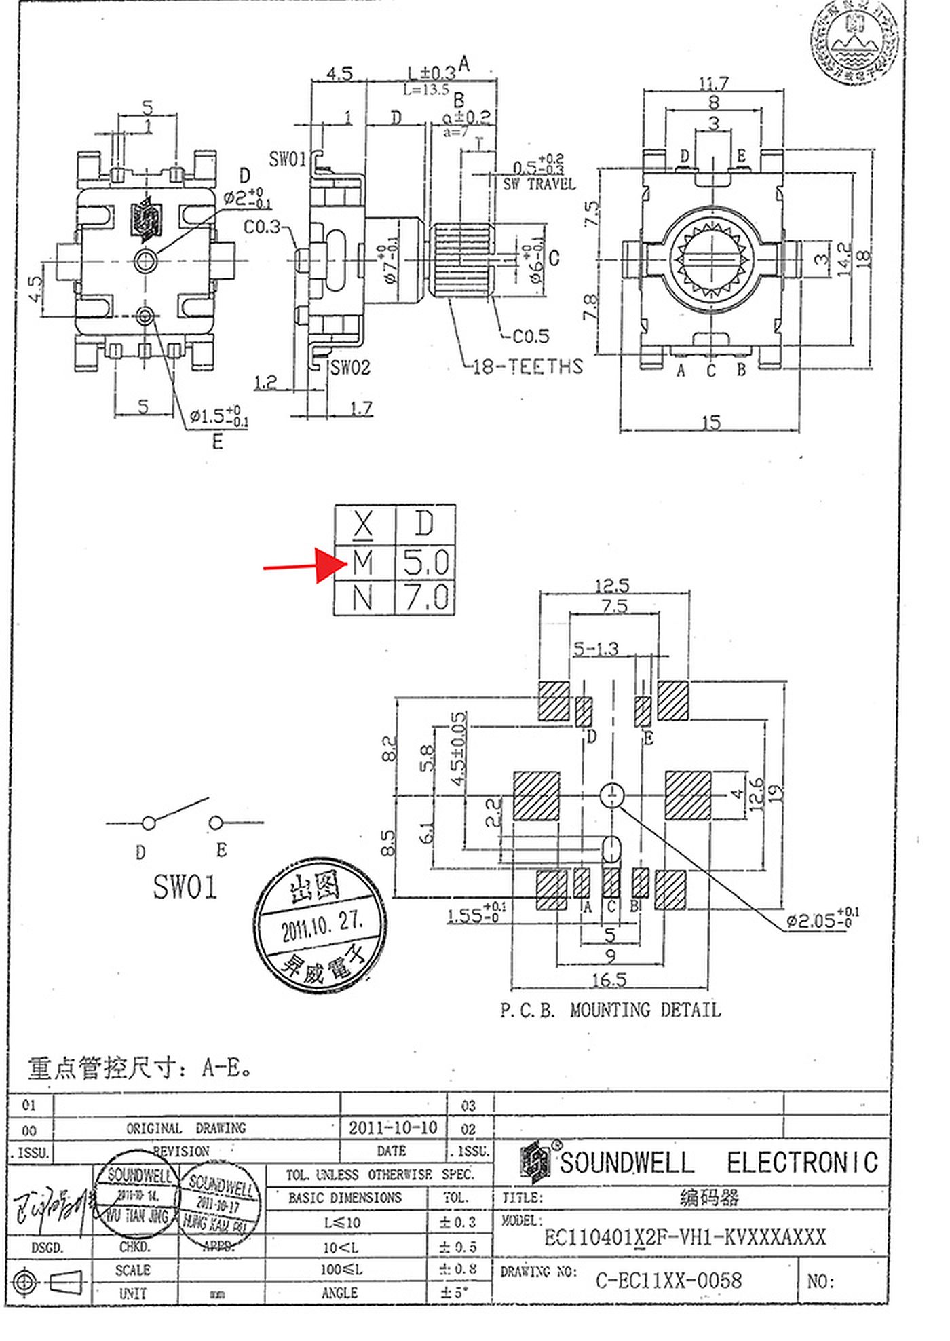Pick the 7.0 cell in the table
pos(425,598)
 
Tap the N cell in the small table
pos(364,598)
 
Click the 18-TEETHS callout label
pos(527,367)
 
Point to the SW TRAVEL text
pos(539,184)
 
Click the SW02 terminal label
pos(350,368)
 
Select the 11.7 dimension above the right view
pos(713,83)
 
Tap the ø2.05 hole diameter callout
pos(822,920)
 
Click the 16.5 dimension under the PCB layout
pos(609,980)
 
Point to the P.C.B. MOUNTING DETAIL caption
pos(610,1011)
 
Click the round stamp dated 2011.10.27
pos(320,924)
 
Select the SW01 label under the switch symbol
pos(185,887)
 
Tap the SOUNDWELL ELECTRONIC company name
pos(718,1163)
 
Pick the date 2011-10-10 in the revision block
pos(392,1128)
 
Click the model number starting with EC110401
pos(685,1237)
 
